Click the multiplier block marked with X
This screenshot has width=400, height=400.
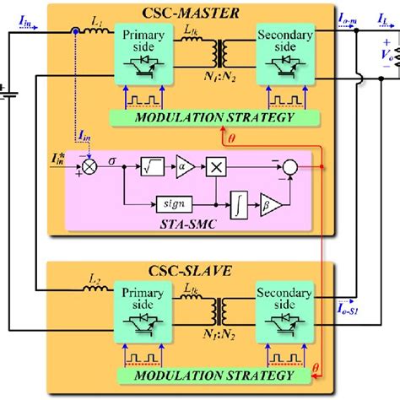coord(218,167)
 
